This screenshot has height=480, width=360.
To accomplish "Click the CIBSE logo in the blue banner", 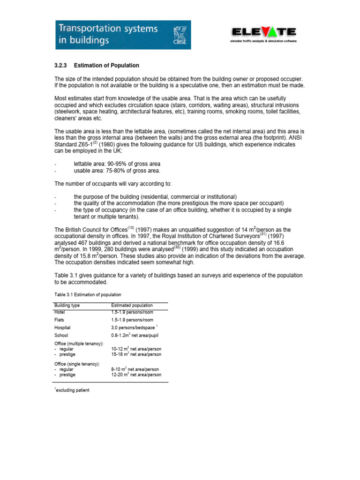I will tap(179, 35).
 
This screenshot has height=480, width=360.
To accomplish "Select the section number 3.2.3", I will tap(62, 65).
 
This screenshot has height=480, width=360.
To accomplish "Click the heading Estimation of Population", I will tap(106, 65).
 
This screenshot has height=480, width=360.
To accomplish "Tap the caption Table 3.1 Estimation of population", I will tap(88, 295).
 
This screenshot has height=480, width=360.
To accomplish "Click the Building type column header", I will tap(67, 305).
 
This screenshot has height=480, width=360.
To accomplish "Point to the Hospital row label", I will tap(62, 328).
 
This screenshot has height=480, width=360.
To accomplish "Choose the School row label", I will tap(61, 336).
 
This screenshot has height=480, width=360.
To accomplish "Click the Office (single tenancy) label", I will tap(76, 364).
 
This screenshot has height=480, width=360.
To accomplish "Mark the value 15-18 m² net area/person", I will tap(136, 354).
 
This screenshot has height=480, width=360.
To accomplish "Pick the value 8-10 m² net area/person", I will tap(135, 369).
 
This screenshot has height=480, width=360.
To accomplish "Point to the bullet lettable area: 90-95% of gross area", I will tap(117, 164).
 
